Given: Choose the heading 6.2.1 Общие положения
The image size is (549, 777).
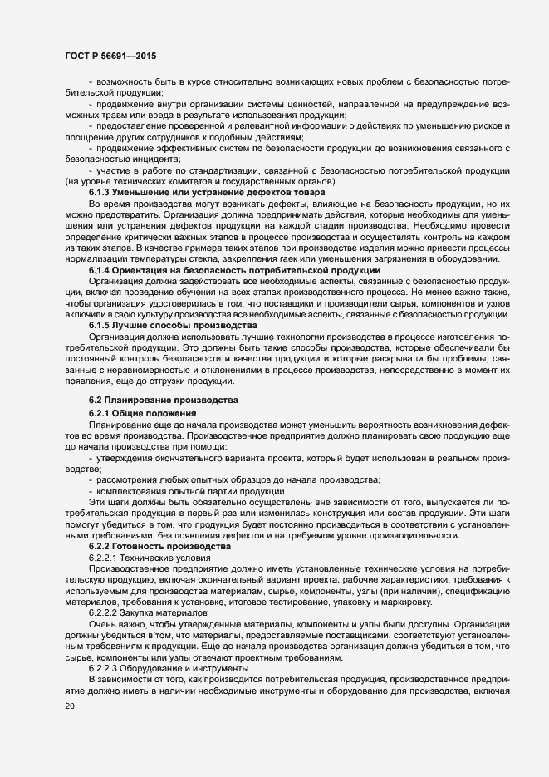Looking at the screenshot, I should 142,414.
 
